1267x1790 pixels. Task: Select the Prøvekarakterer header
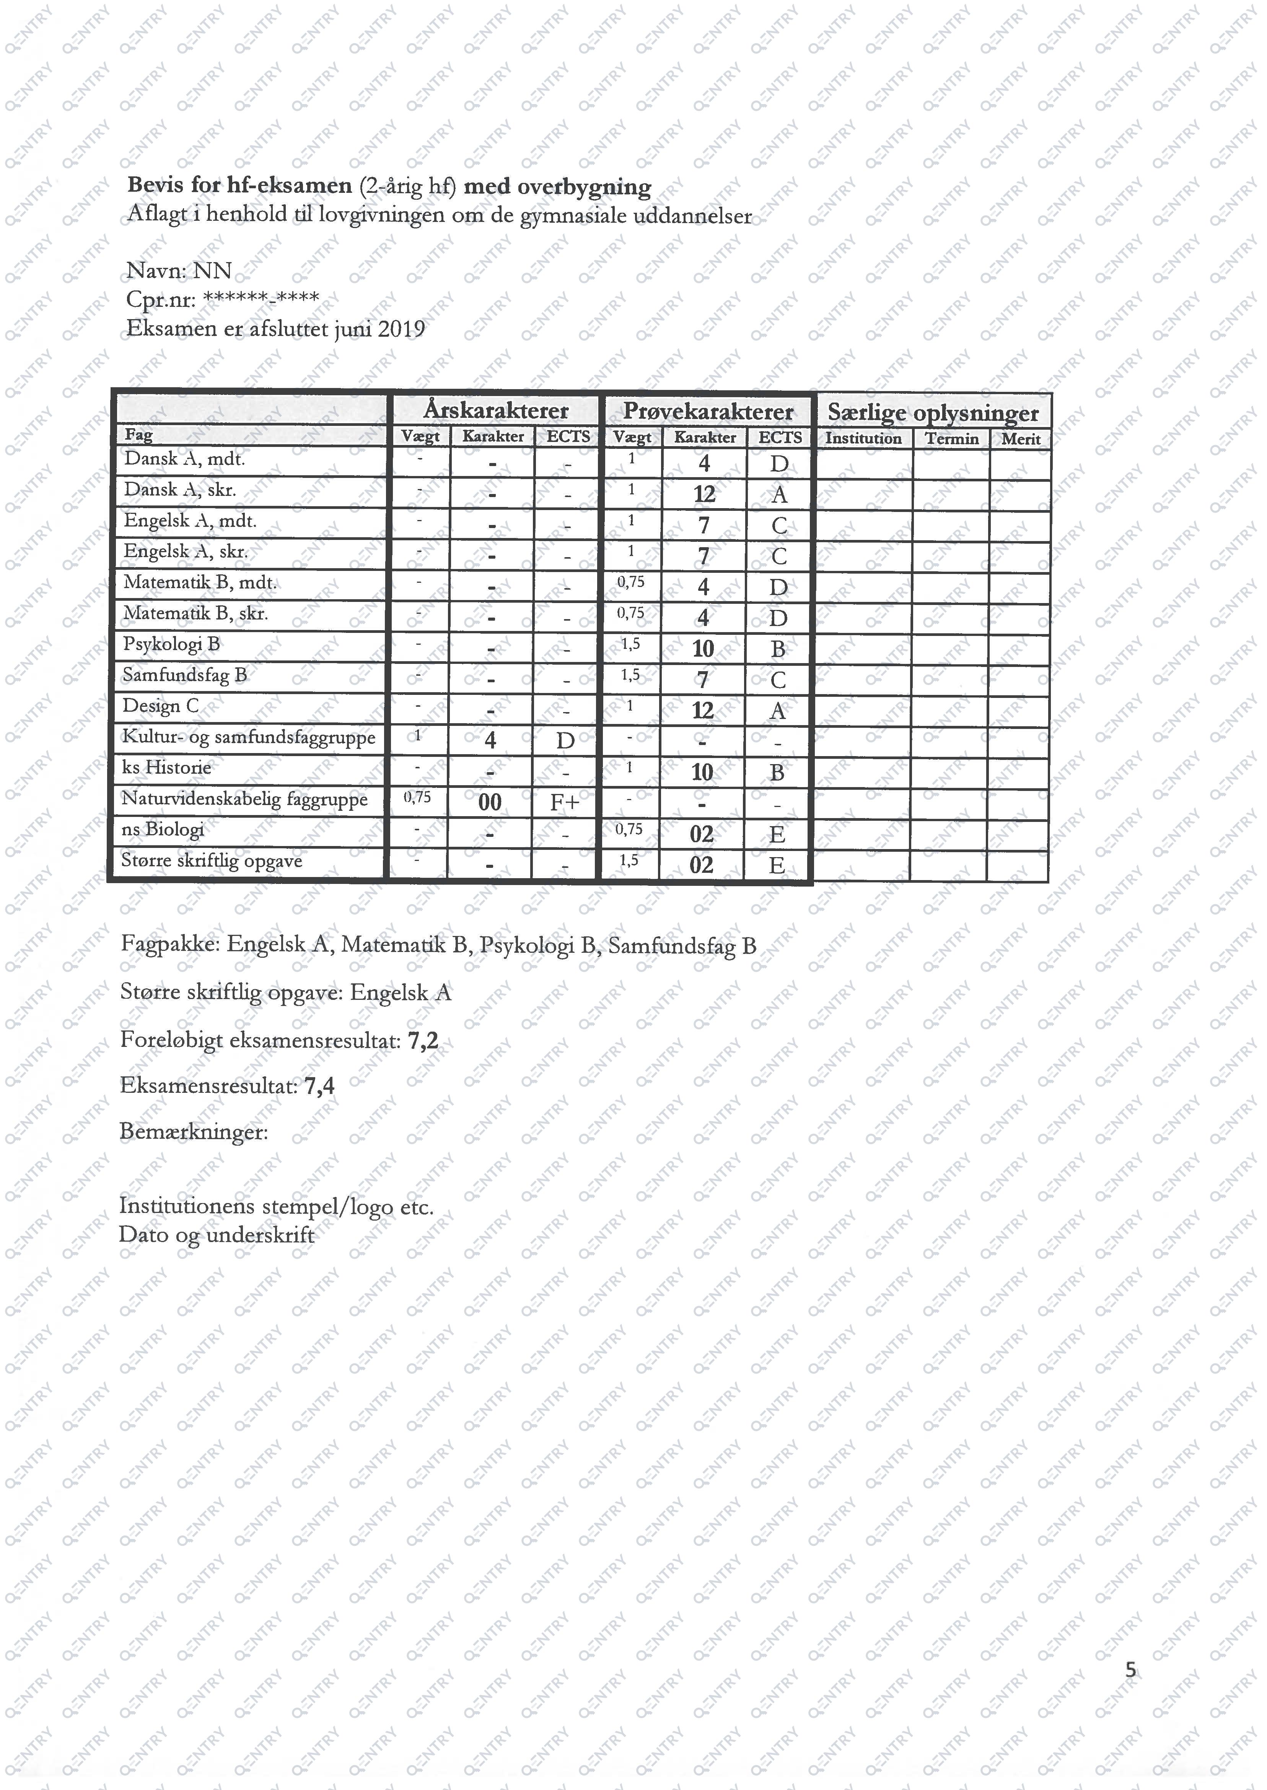click(x=708, y=411)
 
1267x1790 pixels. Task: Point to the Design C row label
click(x=161, y=706)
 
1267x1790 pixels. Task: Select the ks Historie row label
click(x=166, y=768)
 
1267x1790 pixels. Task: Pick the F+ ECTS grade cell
click(x=564, y=802)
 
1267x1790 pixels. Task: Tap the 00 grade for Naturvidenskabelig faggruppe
click(x=490, y=802)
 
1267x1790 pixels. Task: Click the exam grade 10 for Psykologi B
click(x=703, y=649)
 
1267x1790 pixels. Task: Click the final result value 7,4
click(x=319, y=1086)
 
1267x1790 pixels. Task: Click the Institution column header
click(x=863, y=439)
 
